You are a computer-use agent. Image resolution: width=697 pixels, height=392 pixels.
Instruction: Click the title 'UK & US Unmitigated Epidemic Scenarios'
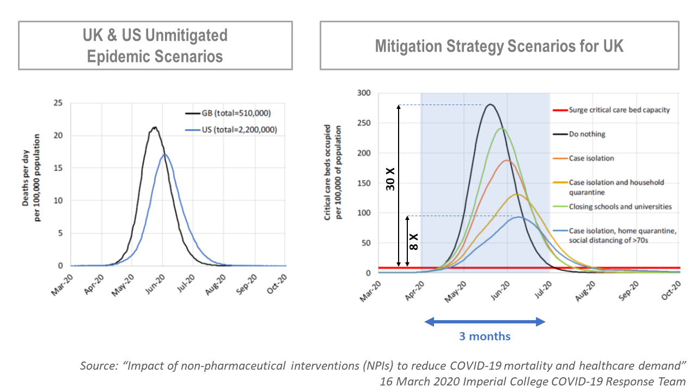click(155, 46)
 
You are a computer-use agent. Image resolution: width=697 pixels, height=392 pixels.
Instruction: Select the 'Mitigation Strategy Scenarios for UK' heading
click(499, 46)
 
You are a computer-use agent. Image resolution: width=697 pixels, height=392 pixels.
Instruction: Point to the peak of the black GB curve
click(155, 128)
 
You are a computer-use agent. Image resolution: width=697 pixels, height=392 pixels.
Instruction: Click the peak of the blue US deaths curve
click(165, 155)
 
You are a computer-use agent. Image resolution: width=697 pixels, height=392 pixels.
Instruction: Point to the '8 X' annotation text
click(413, 242)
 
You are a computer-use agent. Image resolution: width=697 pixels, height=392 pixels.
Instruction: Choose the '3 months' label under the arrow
click(485, 336)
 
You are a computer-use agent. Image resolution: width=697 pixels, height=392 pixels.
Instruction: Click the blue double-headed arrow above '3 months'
click(485, 322)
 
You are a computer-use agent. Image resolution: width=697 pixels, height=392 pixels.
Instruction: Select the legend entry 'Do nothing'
click(587, 134)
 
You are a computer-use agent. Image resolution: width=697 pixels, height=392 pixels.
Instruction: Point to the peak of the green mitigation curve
click(502, 128)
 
